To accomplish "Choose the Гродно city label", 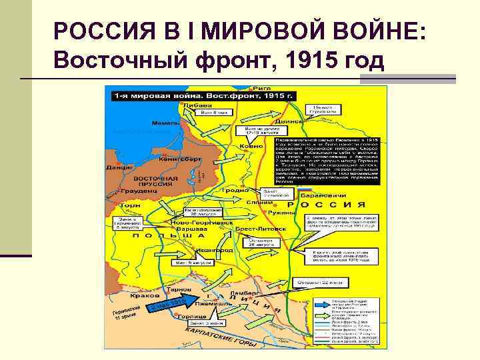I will pos(237,190).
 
